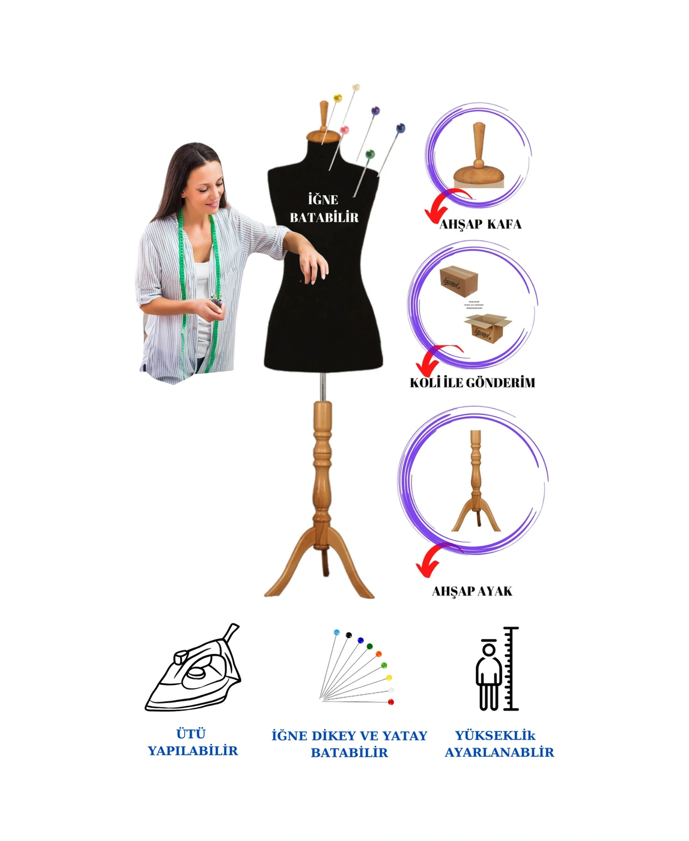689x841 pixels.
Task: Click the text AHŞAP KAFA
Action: [480, 224]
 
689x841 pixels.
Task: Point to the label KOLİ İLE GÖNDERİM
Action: [472, 383]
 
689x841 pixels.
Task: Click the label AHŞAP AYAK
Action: [472, 592]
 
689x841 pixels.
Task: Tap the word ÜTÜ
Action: [191, 734]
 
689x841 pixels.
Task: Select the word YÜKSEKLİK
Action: [495, 735]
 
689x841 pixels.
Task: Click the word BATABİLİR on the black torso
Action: [324, 217]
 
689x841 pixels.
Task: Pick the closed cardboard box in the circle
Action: [458, 281]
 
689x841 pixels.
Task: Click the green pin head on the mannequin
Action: [370, 154]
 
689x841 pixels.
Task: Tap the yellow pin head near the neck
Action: [338, 98]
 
